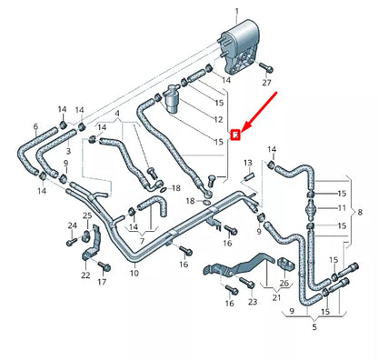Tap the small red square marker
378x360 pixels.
pyautogui.click(x=234, y=135)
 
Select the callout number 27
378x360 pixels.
pyautogui.click(x=266, y=82)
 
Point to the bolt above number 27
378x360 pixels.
pyautogui.click(x=265, y=66)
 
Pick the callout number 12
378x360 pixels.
pyautogui.click(x=217, y=119)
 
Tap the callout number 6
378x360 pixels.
pyautogui.click(x=35, y=126)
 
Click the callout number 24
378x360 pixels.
pyautogui.click(x=72, y=225)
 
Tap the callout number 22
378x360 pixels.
pyautogui.click(x=84, y=275)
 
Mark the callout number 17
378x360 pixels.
pyautogui.click(x=102, y=283)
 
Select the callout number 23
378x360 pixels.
pyautogui.click(x=252, y=300)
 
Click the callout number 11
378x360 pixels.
pyautogui.click(x=343, y=208)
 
